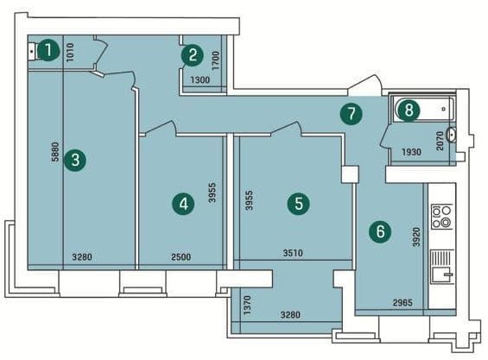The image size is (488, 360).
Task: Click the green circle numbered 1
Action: tap(48, 50)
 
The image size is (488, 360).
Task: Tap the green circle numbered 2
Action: tap(193, 55)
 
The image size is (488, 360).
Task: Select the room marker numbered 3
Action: tap(75, 161)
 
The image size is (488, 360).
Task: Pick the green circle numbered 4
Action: tap(184, 205)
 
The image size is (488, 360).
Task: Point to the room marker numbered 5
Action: tap(299, 204)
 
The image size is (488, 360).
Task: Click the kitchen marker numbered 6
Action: tap(380, 232)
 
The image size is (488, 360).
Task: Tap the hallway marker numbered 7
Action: tap(351, 114)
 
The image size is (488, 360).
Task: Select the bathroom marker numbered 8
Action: tap(409, 110)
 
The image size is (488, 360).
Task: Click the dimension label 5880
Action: tap(55, 152)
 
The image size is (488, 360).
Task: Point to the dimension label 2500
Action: tap(181, 257)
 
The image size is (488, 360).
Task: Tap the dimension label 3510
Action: tap(293, 253)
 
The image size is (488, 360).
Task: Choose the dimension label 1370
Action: tap(247, 306)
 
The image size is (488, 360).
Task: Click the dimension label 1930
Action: tap(411, 152)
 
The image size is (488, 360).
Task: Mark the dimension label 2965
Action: tap(402, 302)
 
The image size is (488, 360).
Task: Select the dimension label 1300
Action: tap(200, 80)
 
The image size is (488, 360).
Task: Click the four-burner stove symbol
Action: tap(442, 216)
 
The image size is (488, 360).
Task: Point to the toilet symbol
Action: tap(35, 51)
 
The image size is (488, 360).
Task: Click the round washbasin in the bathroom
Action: tap(451, 135)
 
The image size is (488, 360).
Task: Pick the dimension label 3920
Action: tap(416, 237)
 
